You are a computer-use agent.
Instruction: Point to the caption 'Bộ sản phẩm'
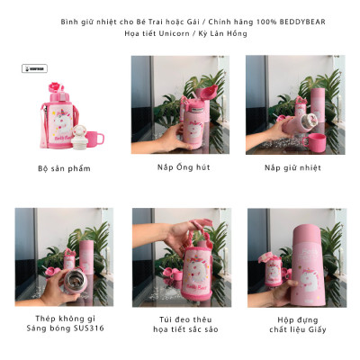64,167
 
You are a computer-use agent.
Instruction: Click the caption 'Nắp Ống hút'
179,167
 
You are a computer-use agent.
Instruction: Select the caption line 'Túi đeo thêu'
180,318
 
